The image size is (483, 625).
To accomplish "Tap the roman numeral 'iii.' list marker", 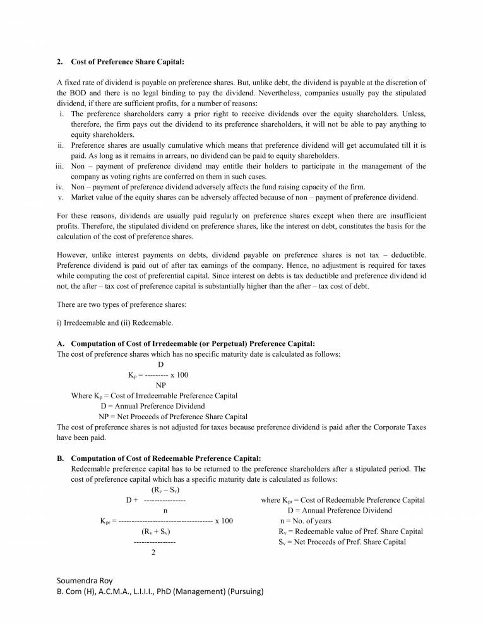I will tap(60, 167).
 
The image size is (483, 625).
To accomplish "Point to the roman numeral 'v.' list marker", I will tap(62, 197).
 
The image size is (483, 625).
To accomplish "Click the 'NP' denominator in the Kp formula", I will tap(161, 385).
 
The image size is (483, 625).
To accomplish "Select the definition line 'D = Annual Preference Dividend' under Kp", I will tap(152, 406).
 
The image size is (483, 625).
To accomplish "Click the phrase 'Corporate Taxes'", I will tap(399, 427).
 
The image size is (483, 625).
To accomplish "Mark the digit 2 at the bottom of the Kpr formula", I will tap(153, 553).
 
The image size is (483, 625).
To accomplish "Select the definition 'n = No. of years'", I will tap(306, 521).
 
